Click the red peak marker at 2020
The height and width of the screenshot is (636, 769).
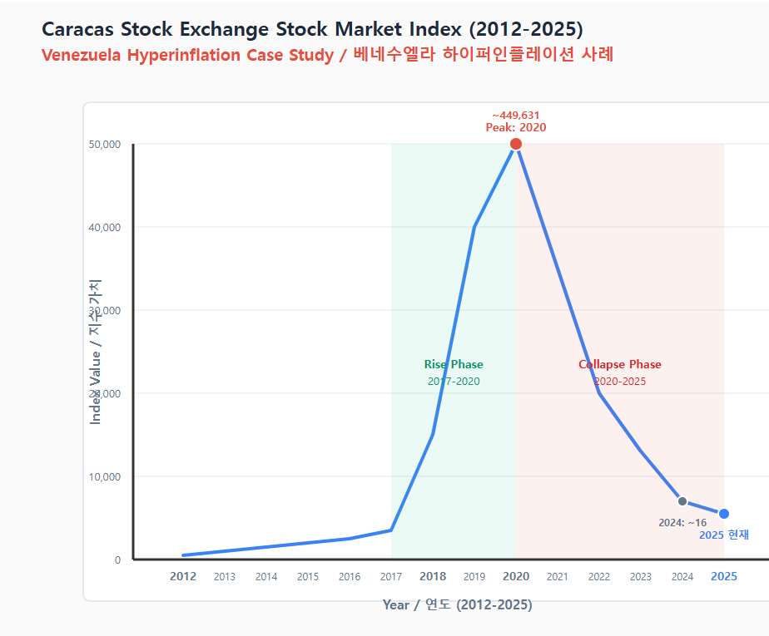516,144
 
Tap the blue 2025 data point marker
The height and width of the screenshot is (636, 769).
724,514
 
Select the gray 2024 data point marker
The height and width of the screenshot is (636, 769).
682,501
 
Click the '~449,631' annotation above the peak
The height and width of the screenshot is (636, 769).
516,115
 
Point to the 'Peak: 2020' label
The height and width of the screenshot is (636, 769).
516,128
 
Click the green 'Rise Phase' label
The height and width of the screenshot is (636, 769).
454,364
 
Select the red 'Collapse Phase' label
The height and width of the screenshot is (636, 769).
620,364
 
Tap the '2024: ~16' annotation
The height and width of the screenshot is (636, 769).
682,523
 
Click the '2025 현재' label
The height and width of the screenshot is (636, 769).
724,535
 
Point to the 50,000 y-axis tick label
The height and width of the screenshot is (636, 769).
105,144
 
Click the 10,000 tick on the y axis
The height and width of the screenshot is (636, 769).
105,476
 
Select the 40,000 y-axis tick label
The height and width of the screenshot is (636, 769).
105,227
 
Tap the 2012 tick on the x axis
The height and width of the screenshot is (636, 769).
183,576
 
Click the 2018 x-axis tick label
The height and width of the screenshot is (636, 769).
433,576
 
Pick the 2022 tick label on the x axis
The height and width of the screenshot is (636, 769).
599,576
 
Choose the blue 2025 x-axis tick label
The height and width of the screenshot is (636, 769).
724,576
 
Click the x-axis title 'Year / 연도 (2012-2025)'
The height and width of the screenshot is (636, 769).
458,604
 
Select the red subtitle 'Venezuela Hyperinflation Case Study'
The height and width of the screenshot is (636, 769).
187,56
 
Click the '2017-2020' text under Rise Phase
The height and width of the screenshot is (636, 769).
454,382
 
